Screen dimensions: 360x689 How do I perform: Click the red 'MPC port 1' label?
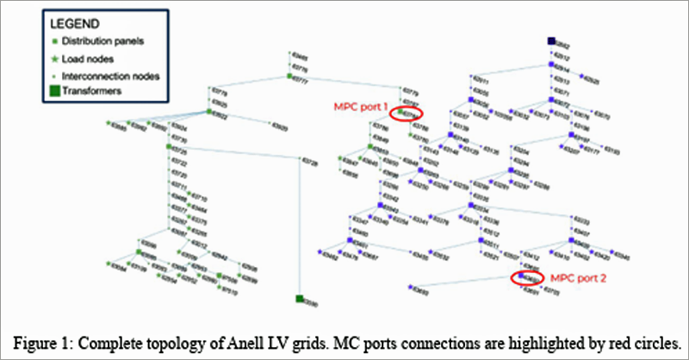click(359, 107)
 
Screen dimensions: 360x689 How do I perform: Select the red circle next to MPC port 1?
click(406, 113)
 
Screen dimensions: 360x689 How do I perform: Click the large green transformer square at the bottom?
click(298, 299)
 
